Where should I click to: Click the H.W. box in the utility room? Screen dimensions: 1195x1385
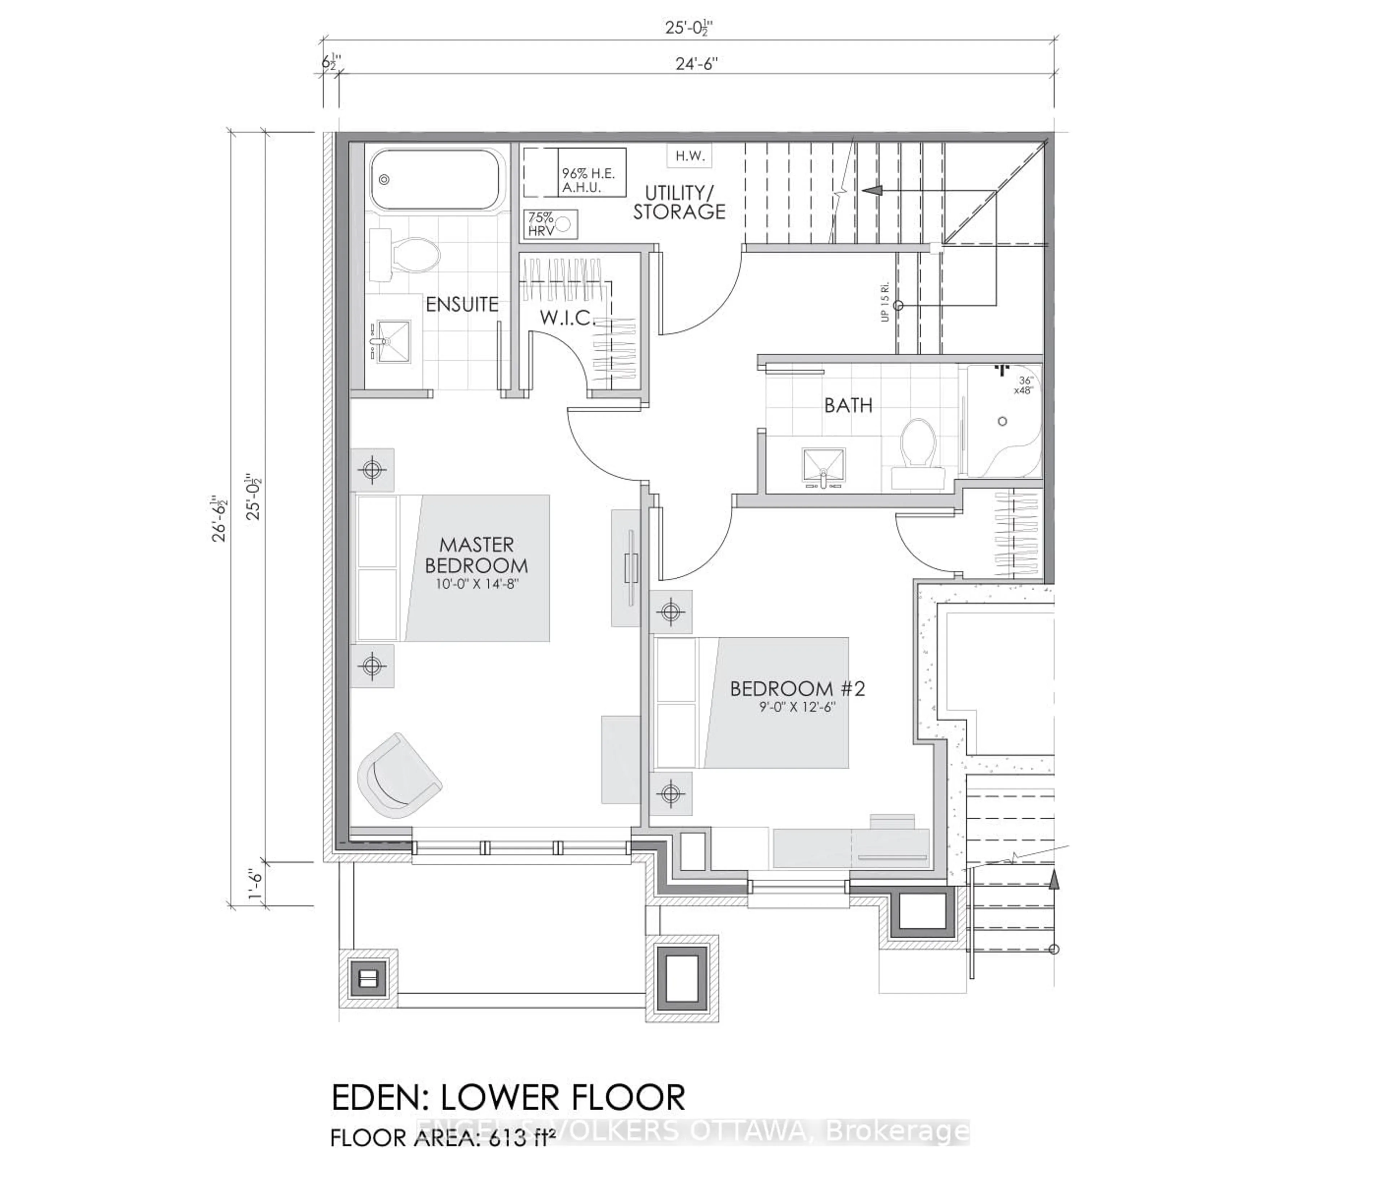(x=689, y=156)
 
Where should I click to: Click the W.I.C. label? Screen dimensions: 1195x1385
(x=567, y=319)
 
